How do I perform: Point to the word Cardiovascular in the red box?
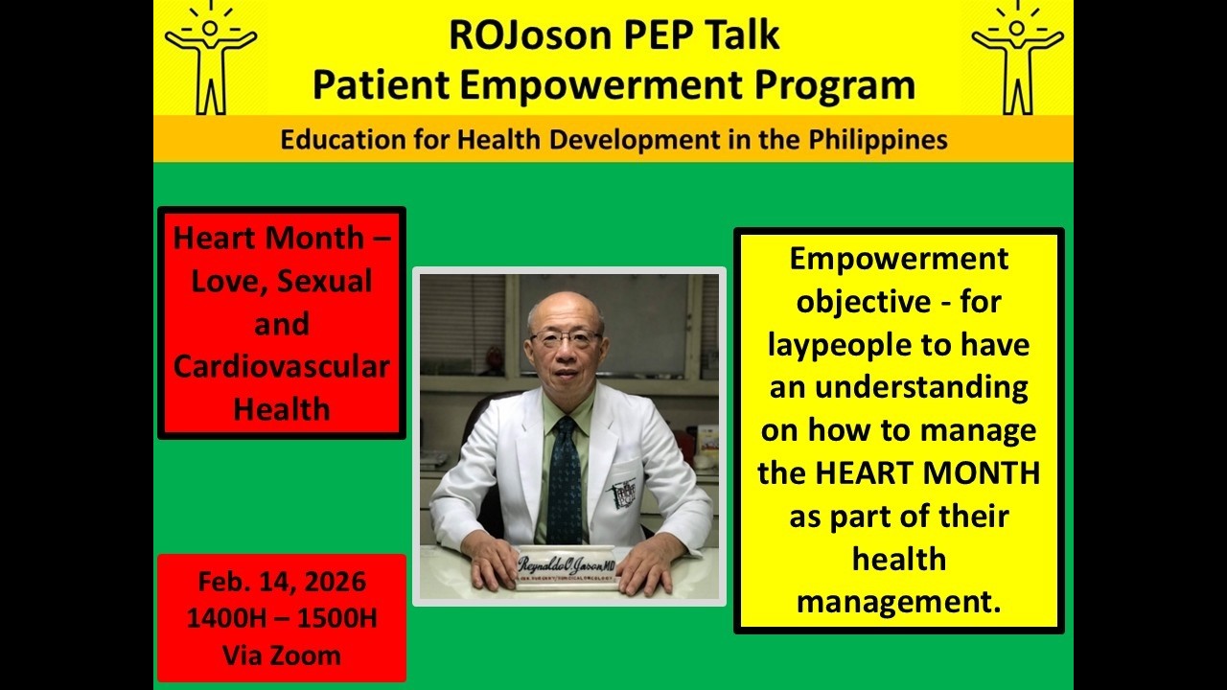click(x=282, y=367)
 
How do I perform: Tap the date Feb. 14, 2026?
click(x=282, y=582)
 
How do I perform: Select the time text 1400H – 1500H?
click(x=282, y=618)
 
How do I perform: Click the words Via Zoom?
click(x=282, y=655)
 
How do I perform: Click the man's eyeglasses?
click(x=567, y=338)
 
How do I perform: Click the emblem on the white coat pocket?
click(x=624, y=494)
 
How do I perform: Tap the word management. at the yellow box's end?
click(x=898, y=602)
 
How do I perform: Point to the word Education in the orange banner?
click(x=337, y=140)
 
